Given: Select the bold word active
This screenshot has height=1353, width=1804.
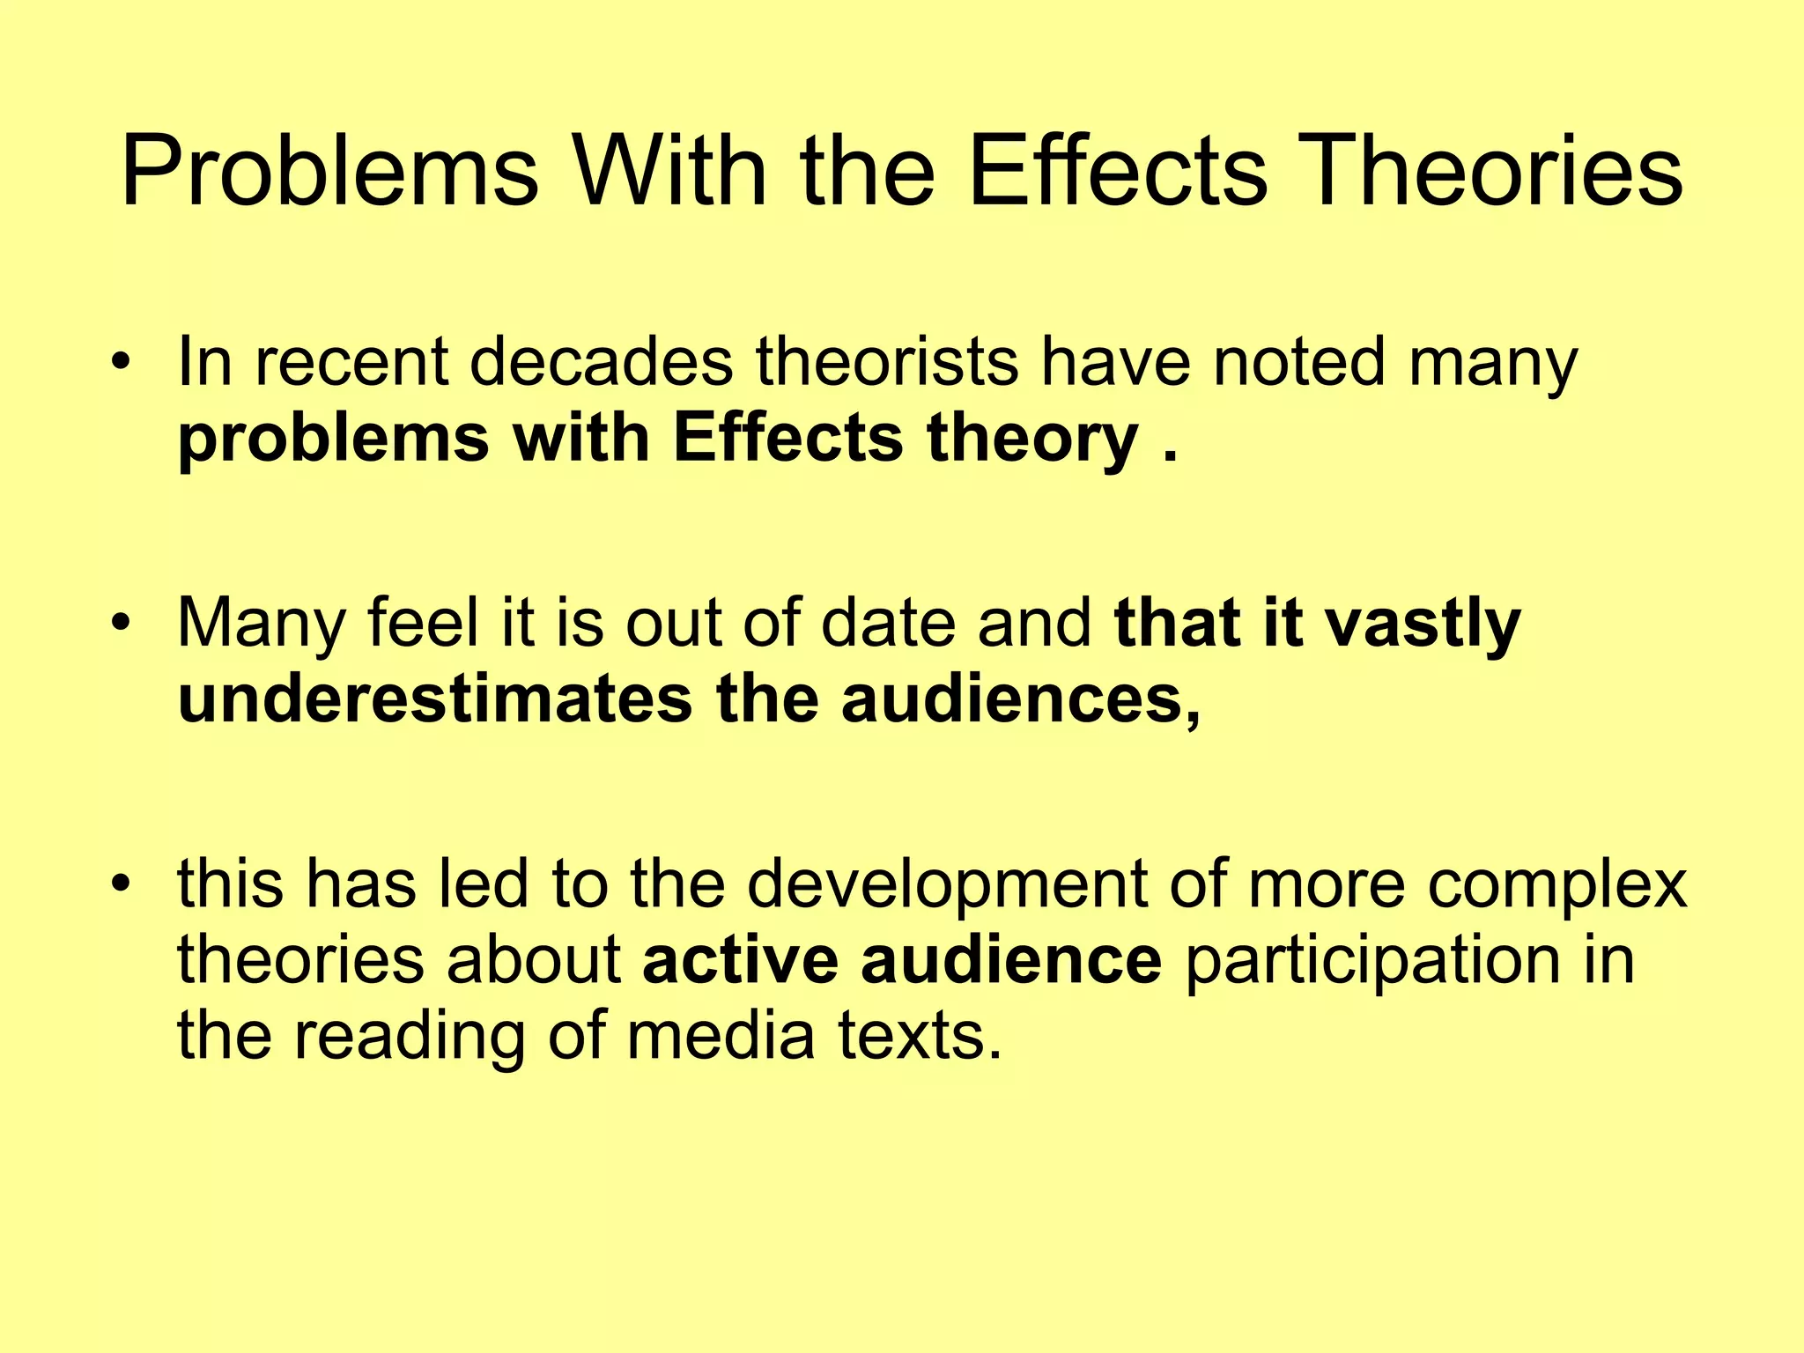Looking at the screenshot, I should pos(740,960).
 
